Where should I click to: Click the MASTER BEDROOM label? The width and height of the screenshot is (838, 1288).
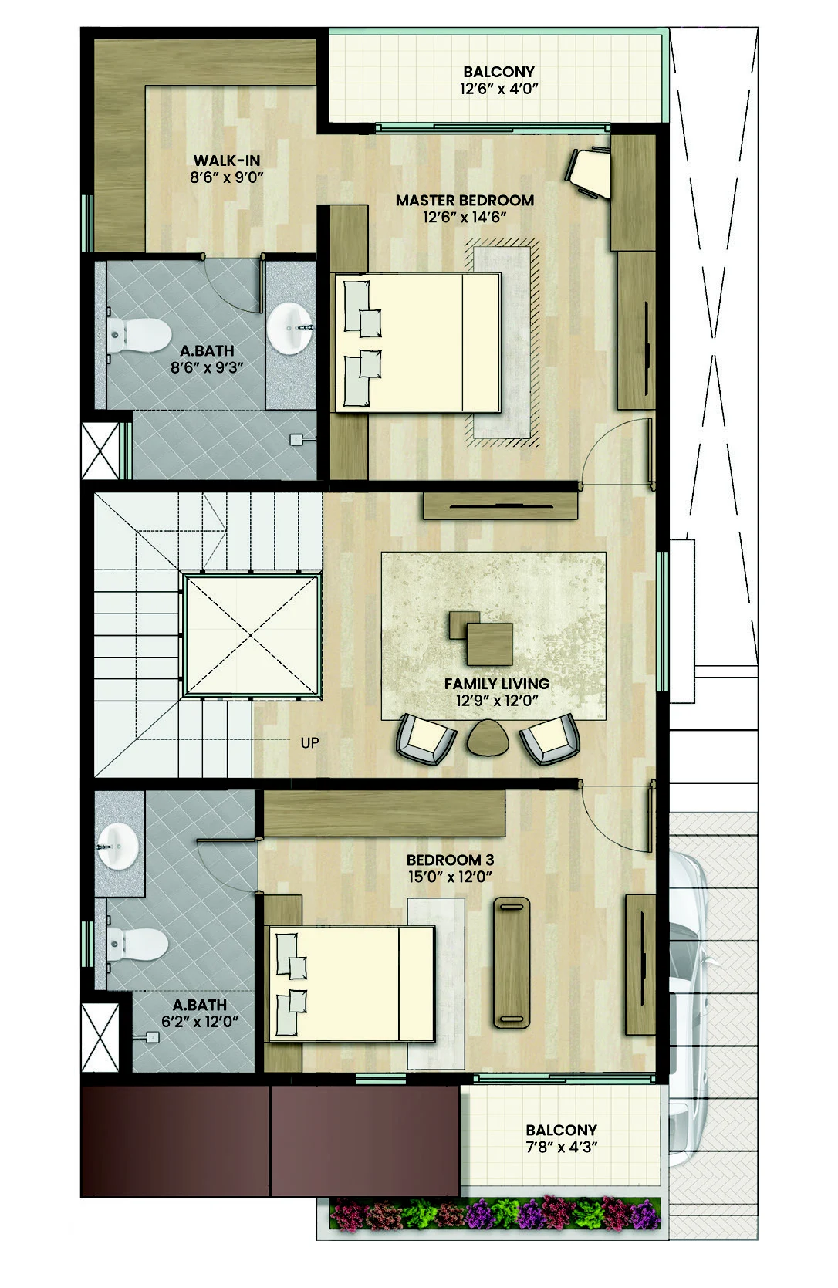(465, 201)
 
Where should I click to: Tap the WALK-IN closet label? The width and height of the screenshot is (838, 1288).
(226, 161)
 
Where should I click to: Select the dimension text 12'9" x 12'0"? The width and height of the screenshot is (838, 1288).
(495, 701)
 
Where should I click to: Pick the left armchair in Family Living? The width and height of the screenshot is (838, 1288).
(423, 739)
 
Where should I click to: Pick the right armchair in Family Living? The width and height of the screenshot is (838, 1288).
(549, 739)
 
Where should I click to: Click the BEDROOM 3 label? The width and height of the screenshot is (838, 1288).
(450, 860)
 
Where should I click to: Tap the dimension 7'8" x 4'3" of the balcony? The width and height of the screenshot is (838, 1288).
(561, 1147)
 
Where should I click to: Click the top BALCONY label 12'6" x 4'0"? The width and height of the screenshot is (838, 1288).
(498, 72)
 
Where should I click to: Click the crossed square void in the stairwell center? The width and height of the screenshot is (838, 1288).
(252, 635)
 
